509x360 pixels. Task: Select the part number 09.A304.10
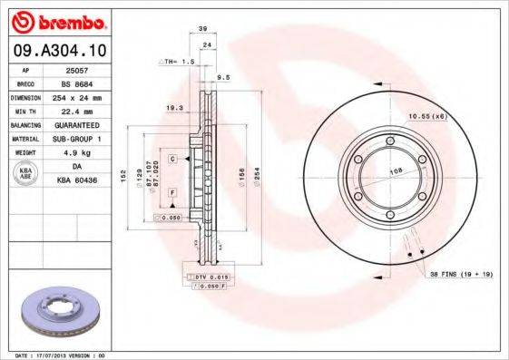point(59,51)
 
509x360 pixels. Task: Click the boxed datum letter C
point(171,159)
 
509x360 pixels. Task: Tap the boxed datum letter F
point(171,194)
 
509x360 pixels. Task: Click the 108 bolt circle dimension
point(396,170)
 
